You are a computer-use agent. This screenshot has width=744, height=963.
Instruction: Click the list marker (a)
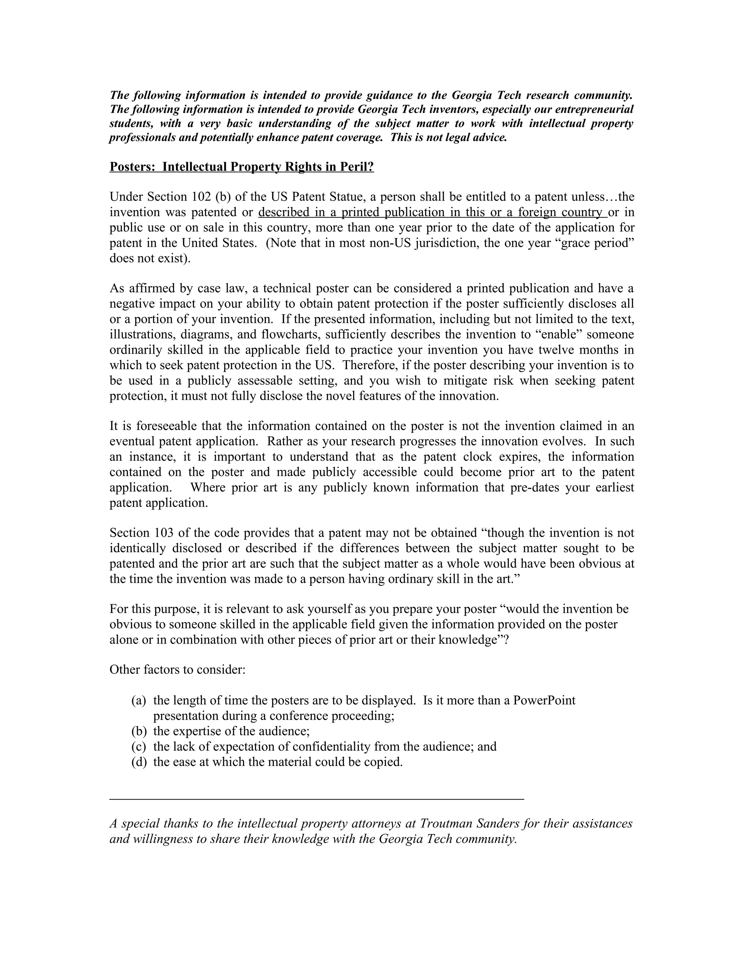[x=138, y=701]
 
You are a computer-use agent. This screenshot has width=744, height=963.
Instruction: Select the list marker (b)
[x=139, y=731]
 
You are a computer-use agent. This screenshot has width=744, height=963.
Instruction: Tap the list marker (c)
[x=138, y=746]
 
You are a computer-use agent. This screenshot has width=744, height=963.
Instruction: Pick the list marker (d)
[x=139, y=762]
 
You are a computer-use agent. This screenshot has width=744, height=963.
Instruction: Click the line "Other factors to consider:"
[x=177, y=670]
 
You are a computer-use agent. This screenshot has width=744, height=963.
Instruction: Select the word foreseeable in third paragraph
[x=167, y=426]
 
